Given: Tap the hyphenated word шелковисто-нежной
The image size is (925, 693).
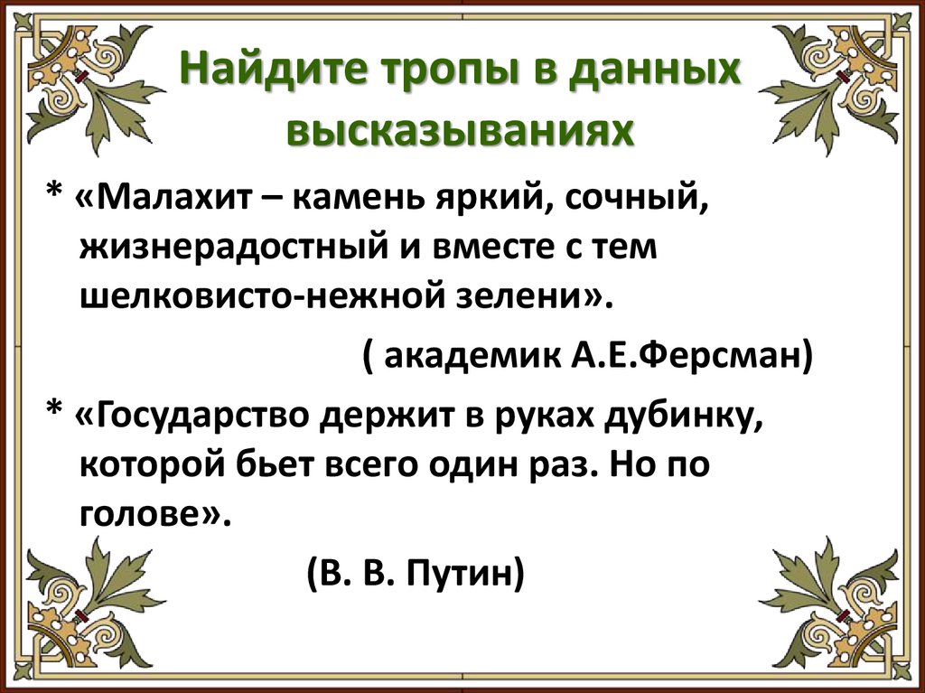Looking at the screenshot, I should point(286,296).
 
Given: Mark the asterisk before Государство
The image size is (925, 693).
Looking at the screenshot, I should point(53,417).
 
